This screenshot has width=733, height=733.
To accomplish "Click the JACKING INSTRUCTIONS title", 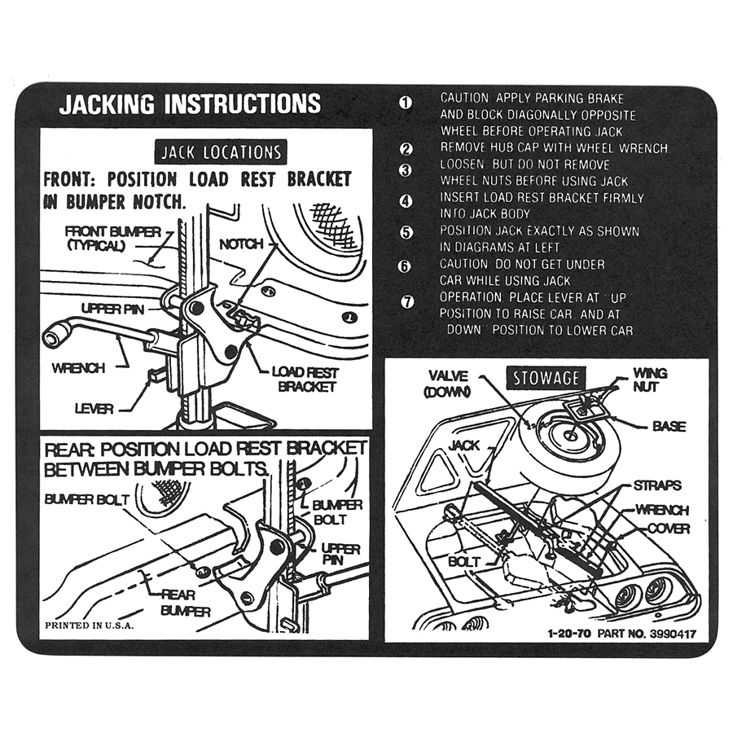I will (190, 104).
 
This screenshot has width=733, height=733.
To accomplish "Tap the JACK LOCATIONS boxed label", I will (221, 152).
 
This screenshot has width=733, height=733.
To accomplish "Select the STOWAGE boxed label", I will (545, 378).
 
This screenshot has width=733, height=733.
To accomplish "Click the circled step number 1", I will (406, 103).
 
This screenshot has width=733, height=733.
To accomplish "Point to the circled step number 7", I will (408, 302).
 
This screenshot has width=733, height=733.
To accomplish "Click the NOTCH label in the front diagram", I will (241, 244).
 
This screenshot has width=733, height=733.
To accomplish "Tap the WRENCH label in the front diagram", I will (78, 368).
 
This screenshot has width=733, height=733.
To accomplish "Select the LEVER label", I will (94, 408).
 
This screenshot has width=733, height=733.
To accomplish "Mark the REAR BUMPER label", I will (185, 603).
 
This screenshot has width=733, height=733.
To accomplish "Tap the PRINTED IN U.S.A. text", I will (89, 625).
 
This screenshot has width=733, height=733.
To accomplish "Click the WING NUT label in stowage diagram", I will (650, 380).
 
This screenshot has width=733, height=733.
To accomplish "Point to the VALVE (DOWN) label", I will (446, 383).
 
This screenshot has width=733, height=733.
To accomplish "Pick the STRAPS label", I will (657, 485).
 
